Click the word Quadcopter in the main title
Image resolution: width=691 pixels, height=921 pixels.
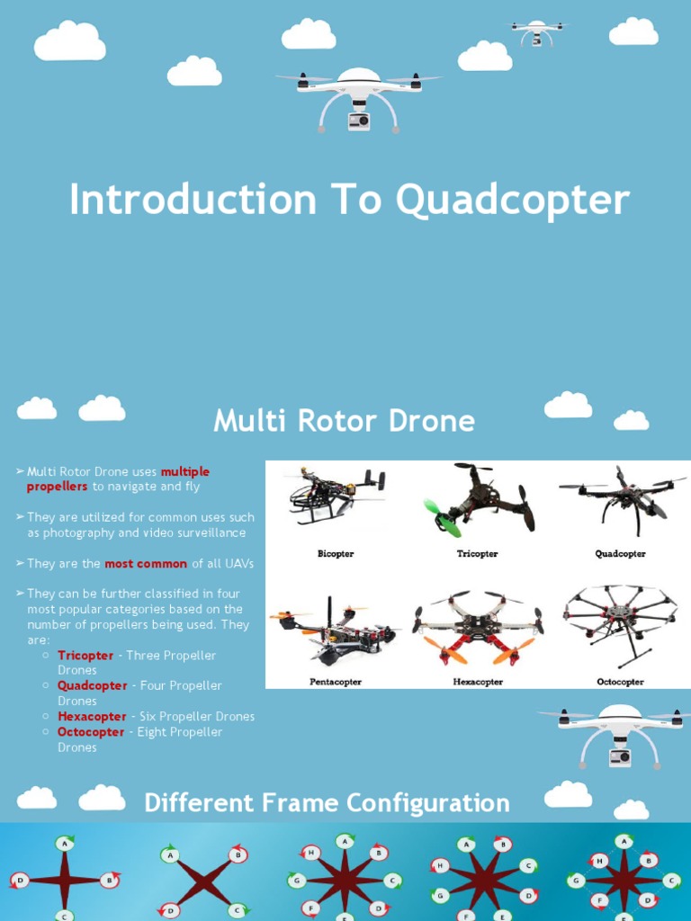(x=513, y=201)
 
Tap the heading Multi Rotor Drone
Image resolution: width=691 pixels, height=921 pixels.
(x=344, y=421)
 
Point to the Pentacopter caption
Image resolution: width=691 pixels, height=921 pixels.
(x=336, y=682)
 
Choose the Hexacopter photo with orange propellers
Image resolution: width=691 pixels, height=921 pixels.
(x=477, y=628)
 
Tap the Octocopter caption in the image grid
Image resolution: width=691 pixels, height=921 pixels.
(x=620, y=682)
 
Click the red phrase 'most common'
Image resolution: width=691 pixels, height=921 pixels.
(x=146, y=564)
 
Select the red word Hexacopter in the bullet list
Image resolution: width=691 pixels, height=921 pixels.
(x=92, y=717)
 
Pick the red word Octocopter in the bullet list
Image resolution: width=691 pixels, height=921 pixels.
(x=92, y=732)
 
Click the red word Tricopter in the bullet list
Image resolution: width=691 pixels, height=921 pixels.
(x=85, y=656)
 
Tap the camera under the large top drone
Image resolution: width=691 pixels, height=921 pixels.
(x=359, y=121)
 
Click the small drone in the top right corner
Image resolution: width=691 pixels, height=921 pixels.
(x=538, y=31)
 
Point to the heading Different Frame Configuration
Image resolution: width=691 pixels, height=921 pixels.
(x=327, y=803)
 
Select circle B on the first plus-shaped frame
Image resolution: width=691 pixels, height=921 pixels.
(x=108, y=881)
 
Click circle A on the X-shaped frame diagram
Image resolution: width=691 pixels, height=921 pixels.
(x=171, y=856)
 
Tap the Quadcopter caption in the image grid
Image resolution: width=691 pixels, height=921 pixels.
(x=620, y=554)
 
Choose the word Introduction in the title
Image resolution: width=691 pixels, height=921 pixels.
(x=181, y=201)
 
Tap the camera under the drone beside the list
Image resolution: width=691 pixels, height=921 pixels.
(x=620, y=756)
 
